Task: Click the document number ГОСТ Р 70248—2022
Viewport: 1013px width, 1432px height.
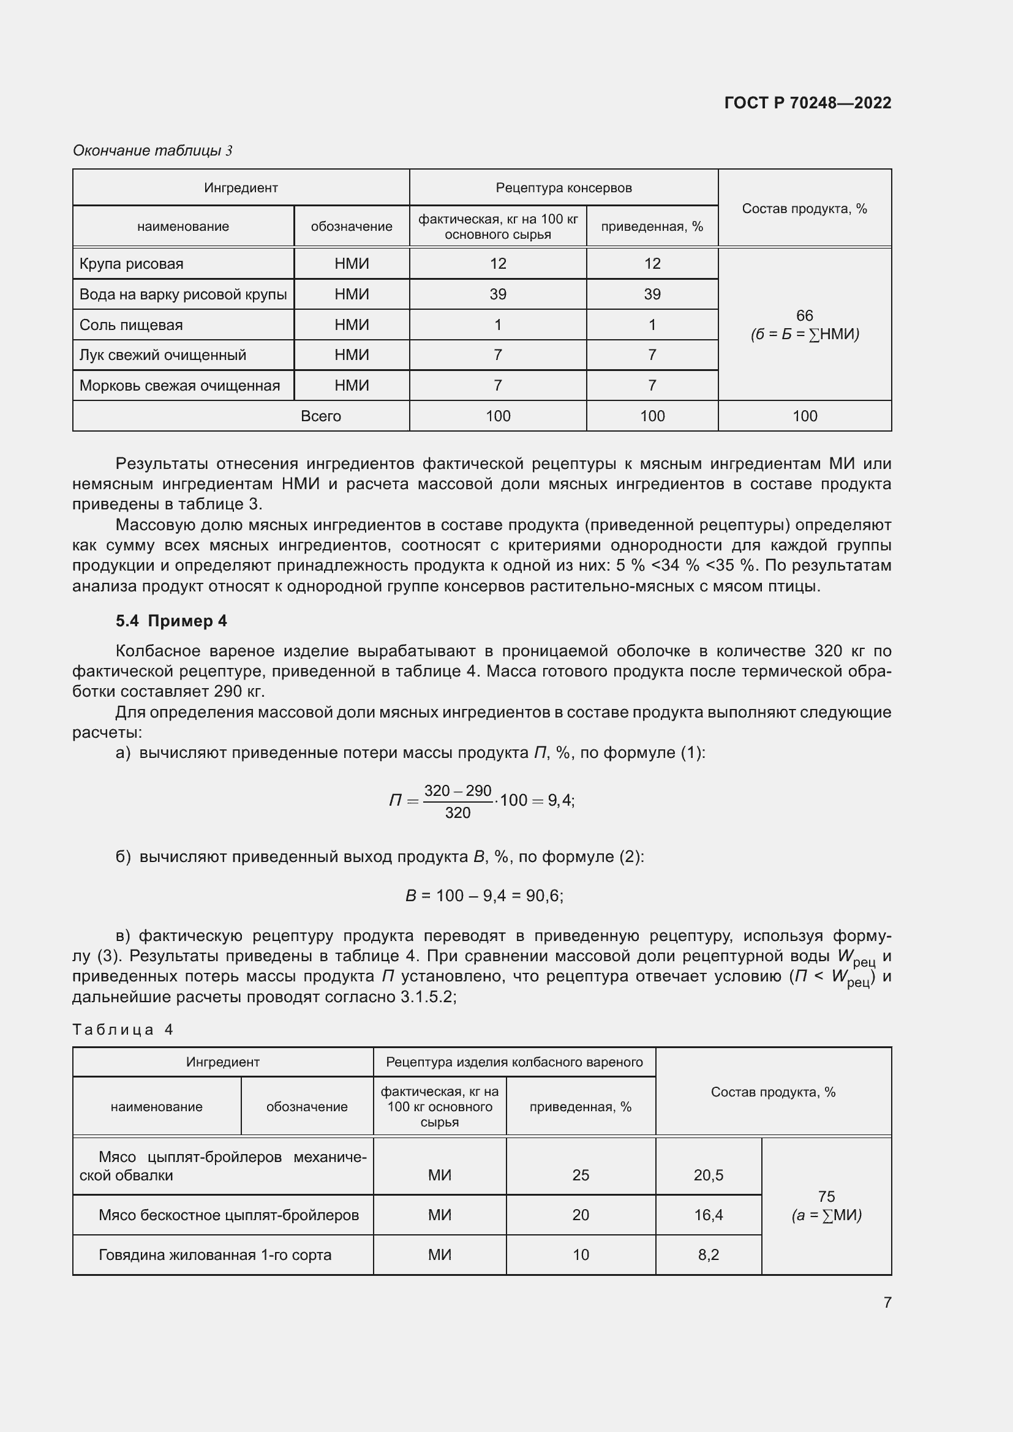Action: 807,103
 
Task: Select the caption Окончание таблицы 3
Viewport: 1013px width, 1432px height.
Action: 153,151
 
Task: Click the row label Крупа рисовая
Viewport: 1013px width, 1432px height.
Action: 132,264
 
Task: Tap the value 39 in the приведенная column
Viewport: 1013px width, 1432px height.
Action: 652,294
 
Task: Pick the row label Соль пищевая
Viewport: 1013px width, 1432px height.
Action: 131,325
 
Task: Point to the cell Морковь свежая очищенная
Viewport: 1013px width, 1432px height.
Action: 179,386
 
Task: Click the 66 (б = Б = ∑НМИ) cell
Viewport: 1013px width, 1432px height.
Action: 805,325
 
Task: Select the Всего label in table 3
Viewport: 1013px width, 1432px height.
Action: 320,416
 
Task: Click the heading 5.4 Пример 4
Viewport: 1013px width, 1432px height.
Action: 171,621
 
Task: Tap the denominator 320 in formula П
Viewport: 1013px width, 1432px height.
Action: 458,813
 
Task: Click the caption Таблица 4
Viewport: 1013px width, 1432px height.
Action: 122,1029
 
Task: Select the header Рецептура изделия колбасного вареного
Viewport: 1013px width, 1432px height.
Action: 514,1062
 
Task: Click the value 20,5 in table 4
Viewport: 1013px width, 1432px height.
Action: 708,1175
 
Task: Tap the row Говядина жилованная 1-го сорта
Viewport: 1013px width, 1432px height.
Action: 214,1255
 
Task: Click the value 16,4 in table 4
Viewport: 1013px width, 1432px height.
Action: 708,1215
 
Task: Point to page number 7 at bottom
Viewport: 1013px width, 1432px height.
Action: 887,1302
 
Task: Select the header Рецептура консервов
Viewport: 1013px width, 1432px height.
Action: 563,188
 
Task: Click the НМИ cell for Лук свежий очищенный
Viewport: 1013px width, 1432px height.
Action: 351,355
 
